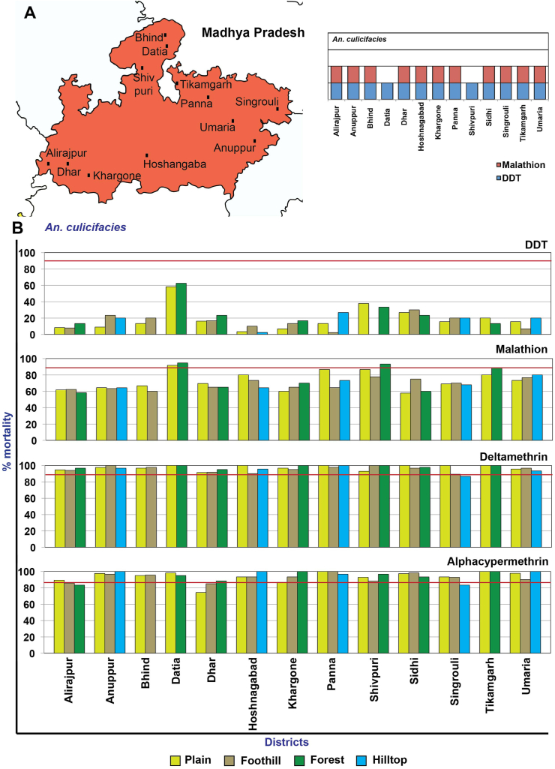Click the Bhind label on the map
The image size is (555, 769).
(148, 38)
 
